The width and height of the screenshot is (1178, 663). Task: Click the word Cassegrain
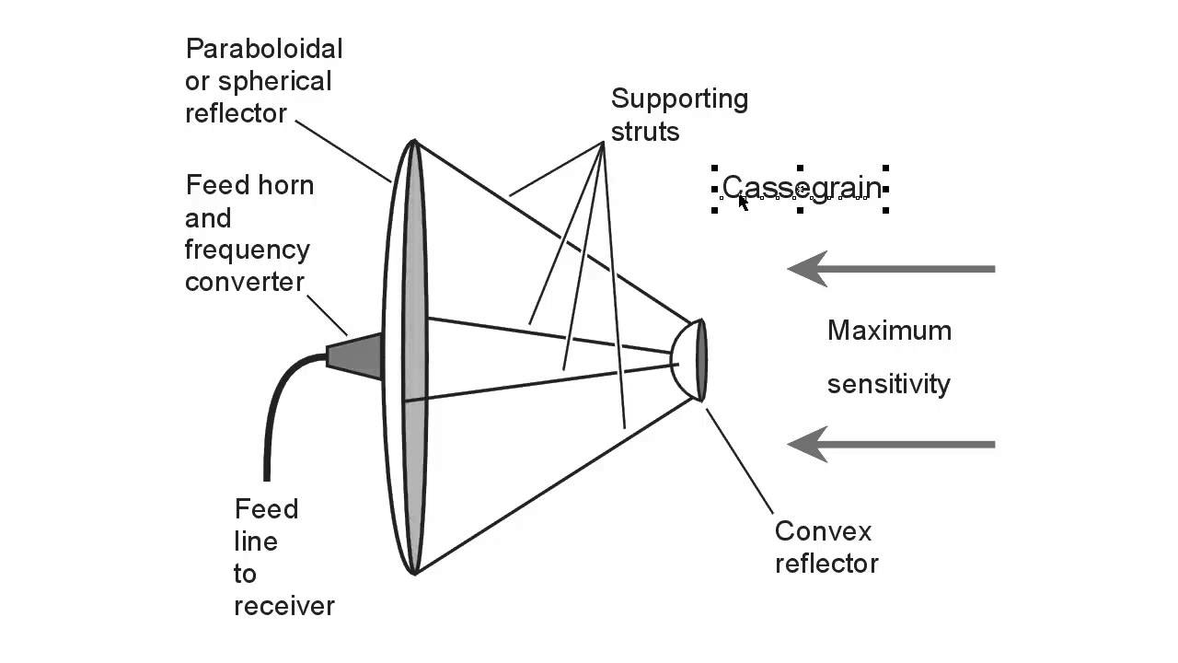801,188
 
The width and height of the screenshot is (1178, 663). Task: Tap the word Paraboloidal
263,49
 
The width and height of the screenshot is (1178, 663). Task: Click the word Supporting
679,99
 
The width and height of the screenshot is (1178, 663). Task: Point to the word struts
645,132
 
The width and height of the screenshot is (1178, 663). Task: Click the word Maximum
889,331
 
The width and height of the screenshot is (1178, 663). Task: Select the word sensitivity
888,384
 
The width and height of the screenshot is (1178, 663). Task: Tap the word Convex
823,531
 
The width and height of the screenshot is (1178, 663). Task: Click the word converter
244,282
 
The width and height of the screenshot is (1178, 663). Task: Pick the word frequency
247,250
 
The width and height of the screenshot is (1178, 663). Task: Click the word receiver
283,606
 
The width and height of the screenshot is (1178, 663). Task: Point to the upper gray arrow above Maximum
891,269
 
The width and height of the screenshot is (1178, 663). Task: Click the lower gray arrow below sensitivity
891,444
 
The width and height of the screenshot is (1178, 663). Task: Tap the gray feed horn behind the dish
359,355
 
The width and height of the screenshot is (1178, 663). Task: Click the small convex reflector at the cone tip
690,359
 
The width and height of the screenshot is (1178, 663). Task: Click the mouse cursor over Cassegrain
743,202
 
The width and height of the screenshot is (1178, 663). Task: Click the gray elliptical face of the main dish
415,359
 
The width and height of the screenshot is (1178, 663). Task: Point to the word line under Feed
256,541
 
